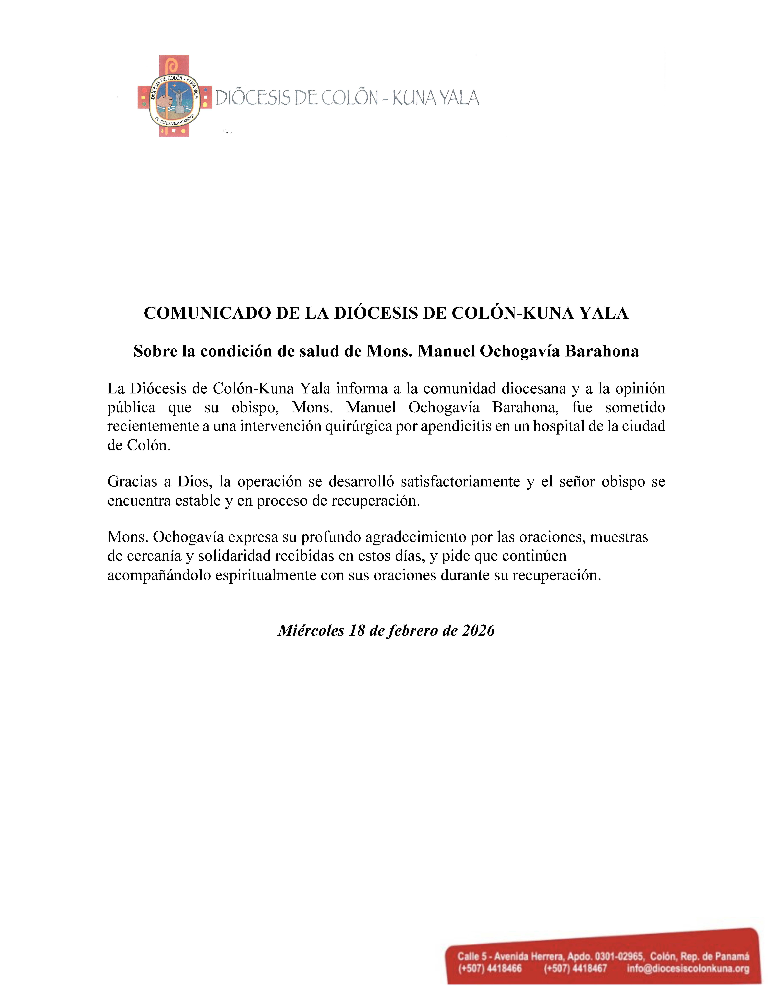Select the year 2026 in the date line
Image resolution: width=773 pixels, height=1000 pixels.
pyautogui.click(x=479, y=631)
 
